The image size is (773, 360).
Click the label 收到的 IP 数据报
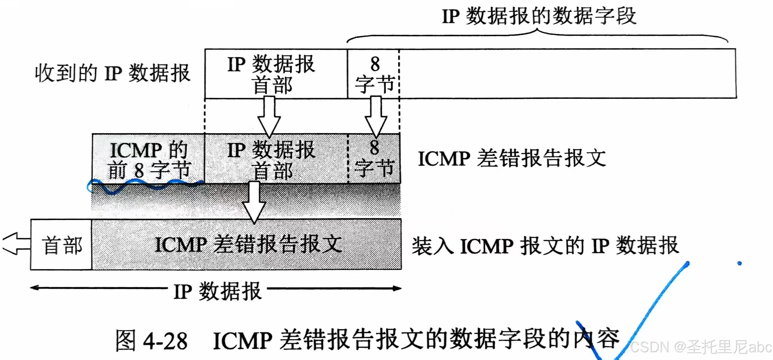[112, 73]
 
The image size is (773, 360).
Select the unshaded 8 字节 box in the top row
[373, 74]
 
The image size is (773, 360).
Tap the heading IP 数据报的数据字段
[539, 16]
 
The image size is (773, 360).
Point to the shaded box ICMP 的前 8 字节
[148, 159]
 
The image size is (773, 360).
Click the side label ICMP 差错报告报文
[511, 159]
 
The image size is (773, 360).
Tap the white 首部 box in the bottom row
[61, 245]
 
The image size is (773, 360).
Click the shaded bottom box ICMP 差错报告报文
[248, 244]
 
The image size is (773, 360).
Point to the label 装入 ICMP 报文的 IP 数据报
[545, 246]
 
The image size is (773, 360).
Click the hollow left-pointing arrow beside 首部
[16, 244]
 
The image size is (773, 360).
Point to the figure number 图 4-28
[151, 341]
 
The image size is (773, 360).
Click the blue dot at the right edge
[739, 263]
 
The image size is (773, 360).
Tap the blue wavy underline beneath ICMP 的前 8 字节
[144, 185]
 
